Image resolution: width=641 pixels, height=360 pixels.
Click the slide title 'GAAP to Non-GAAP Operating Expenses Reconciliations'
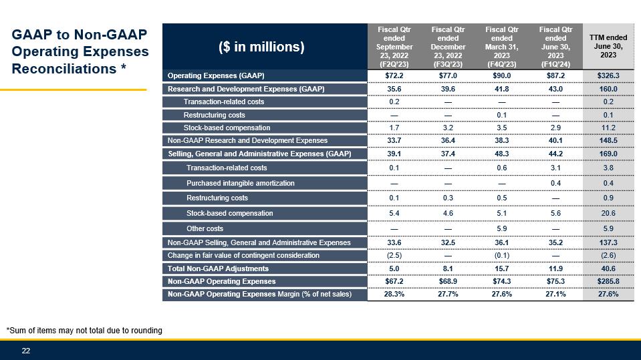pos(80,51)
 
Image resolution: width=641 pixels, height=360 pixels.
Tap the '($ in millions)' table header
pos(261,47)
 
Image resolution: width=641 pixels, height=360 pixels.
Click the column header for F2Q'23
pos(394,47)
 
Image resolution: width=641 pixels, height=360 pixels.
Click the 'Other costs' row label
pos(205,228)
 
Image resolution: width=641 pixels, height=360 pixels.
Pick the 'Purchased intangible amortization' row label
pos(240,183)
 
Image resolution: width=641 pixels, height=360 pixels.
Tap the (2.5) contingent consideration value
pos(394,255)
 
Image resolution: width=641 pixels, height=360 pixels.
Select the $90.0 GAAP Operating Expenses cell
pos(501,75)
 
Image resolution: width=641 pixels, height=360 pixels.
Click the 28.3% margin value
pos(394,294)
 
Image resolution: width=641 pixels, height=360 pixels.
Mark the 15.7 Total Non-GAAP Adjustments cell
pos(501,268)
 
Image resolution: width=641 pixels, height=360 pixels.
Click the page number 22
pos(26,351)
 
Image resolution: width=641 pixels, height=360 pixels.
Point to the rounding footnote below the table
pos(84,330)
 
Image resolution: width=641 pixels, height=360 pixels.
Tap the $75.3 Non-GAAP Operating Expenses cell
pos(555,281)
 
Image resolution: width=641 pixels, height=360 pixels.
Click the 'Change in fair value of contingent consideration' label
pos(243,255)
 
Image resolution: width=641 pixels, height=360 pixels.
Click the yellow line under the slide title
pos(73,89)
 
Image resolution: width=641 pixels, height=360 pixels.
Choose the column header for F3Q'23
pos(448,47)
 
